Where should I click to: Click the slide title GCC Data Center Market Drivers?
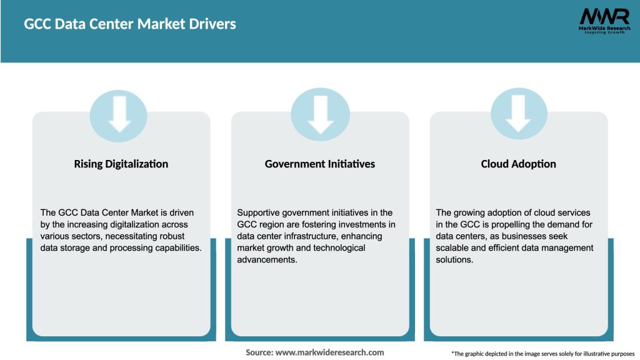click(x=130, y=24)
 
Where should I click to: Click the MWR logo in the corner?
click(x=604, y=16)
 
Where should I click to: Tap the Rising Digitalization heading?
click(x=121, y=164)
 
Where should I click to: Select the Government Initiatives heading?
click(x=320, y=164)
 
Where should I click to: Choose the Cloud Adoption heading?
click(x=519, y=164)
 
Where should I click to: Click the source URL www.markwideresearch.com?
click(x=329, y=352)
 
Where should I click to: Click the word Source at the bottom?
click(x=259, y=352)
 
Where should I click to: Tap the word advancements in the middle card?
click(x=266, y=259)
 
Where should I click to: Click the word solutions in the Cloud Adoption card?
click(x=454, y=259)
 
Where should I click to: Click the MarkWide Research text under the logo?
click(x=604, y=29)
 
